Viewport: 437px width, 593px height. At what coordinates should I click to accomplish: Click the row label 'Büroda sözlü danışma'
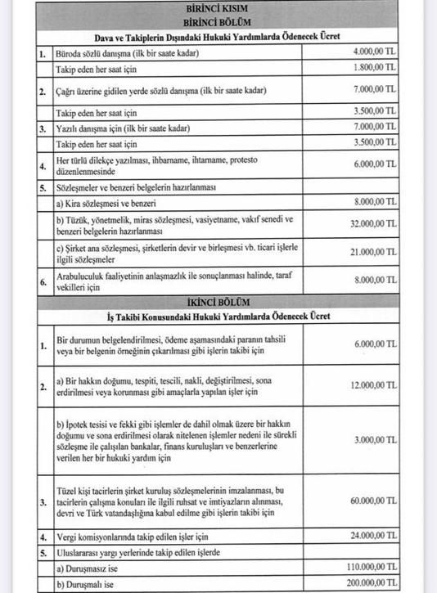[x=97, y=53]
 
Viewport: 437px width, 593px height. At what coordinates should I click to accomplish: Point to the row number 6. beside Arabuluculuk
[x=43, y=283]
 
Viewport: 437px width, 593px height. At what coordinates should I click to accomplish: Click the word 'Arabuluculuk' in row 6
[x=80, y=277]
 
